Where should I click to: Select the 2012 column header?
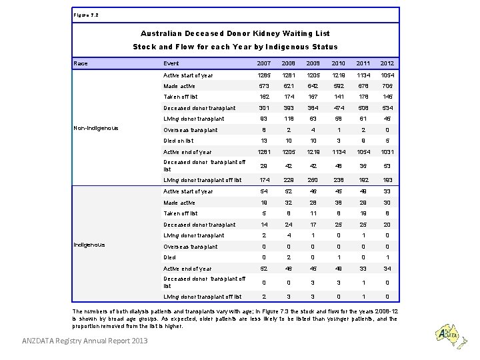(x=387, y=63)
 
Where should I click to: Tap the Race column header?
(x=80, y=63)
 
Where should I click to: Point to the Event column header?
(x=171, y=63)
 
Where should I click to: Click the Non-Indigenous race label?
(x=96, y=128)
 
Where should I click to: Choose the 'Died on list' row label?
(x=179, y=141)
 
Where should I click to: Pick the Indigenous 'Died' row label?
(x=171, y=257)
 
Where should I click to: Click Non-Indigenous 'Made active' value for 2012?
(x=387, y=86)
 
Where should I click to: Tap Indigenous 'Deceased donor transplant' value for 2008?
(x=289, y=224)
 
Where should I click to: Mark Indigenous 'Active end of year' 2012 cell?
(x=387, y=269)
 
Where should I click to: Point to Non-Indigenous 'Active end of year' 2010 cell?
(x=338, y=152)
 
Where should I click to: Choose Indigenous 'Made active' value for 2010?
(x=338, y=202)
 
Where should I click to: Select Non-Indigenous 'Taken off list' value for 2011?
(x=363, y=97)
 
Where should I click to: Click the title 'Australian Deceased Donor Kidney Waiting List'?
(x=235, y=33)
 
